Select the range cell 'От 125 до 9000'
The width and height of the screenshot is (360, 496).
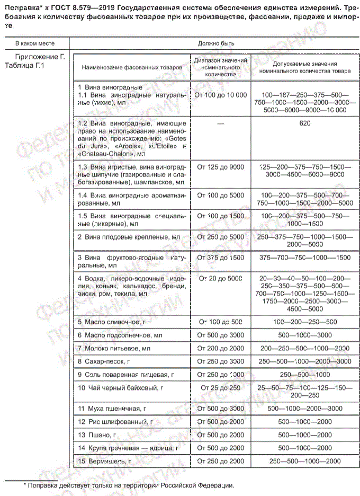(x=220, y=167)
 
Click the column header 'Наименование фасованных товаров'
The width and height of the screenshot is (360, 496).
(x=131, y=68)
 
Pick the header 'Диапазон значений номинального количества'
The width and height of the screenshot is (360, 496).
(x=220, y=68)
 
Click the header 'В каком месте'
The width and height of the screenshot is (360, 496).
(x=34, y=43)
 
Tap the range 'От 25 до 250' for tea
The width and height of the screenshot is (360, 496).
(x=220, y=388)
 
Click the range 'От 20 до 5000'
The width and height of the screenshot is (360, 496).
(x=220, y=278)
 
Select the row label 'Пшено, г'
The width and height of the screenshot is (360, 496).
(x=97, y=435)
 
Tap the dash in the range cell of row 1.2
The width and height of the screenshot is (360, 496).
(x=220, y=123)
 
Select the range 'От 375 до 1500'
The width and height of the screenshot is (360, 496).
(x=220, y=258)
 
